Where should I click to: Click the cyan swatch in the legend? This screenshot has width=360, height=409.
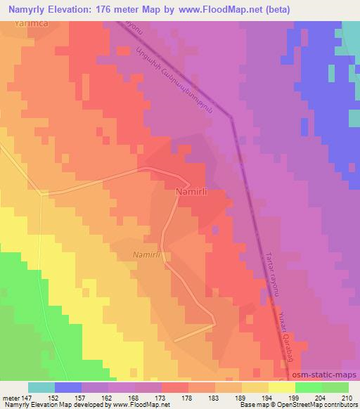click(41, 387)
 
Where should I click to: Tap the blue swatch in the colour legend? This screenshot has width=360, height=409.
click(68, 387)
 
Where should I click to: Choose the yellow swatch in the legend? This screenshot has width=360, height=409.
click(281, 387)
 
